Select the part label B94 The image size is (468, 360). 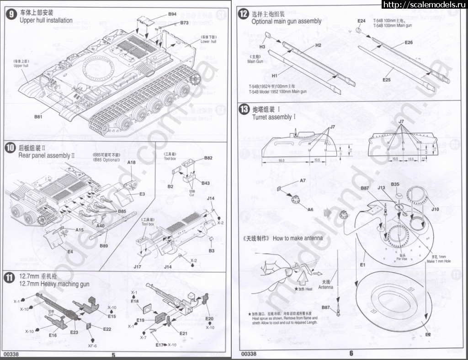pyautogui.click(x=172, y=14)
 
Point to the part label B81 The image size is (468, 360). pyautogui.click(x=38, y=117)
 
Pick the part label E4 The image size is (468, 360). pyautogui.click(x=70, y=252)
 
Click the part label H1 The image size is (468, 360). pyautogui.click(x=275, y=74)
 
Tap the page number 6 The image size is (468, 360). pyautogui.click(x=351, y=353)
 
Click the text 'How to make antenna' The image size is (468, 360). pyautogui.click(x=298, y=238)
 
